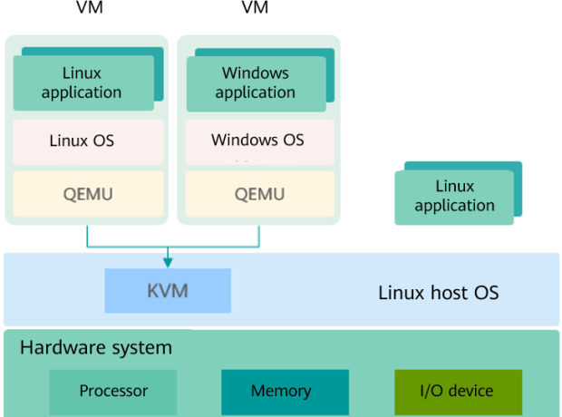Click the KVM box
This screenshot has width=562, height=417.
click(168, 292)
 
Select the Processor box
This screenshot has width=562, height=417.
click(113, 392)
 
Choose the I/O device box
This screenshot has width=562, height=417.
click(458, 392)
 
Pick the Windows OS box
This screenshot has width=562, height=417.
click(259, 141)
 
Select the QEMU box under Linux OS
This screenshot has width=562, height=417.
click(88, 194)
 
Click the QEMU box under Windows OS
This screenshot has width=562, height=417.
click(259, 194)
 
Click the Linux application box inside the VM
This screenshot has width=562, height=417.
click(82, 82)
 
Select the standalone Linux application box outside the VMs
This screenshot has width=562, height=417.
click(454, 197)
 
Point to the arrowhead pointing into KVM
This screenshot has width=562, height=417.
click(168, 263)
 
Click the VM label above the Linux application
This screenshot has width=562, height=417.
click(88, 9)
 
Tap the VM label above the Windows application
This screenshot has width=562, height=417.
click(256, 9)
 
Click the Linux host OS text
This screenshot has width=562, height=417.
click(438, 293)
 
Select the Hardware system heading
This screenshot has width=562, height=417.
click(96, 348)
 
